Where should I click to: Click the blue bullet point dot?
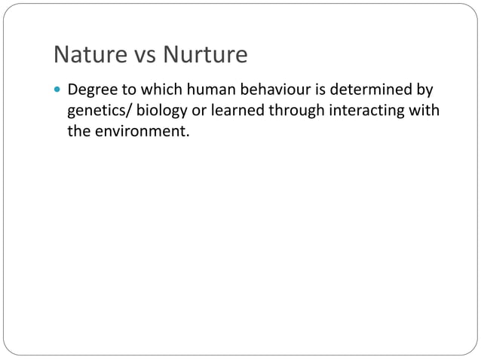click(x=58, y=91)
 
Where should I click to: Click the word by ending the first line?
click(x=425, y=91)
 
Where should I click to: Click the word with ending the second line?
click(x=426, y=111)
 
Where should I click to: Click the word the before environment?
click(x=78, y=132)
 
